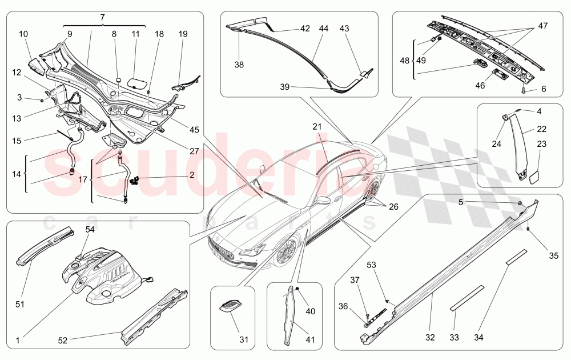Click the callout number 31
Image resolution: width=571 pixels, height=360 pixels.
pos(244,340)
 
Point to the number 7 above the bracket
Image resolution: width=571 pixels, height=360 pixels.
pos(102,18)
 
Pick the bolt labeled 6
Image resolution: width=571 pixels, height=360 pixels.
pos(523,90)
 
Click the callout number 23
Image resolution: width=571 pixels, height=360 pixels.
pos(541,144)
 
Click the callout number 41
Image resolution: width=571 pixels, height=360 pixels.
pos(309,340)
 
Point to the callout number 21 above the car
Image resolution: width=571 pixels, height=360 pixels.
pos(317,126)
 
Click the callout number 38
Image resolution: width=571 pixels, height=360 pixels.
pos(239,65)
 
